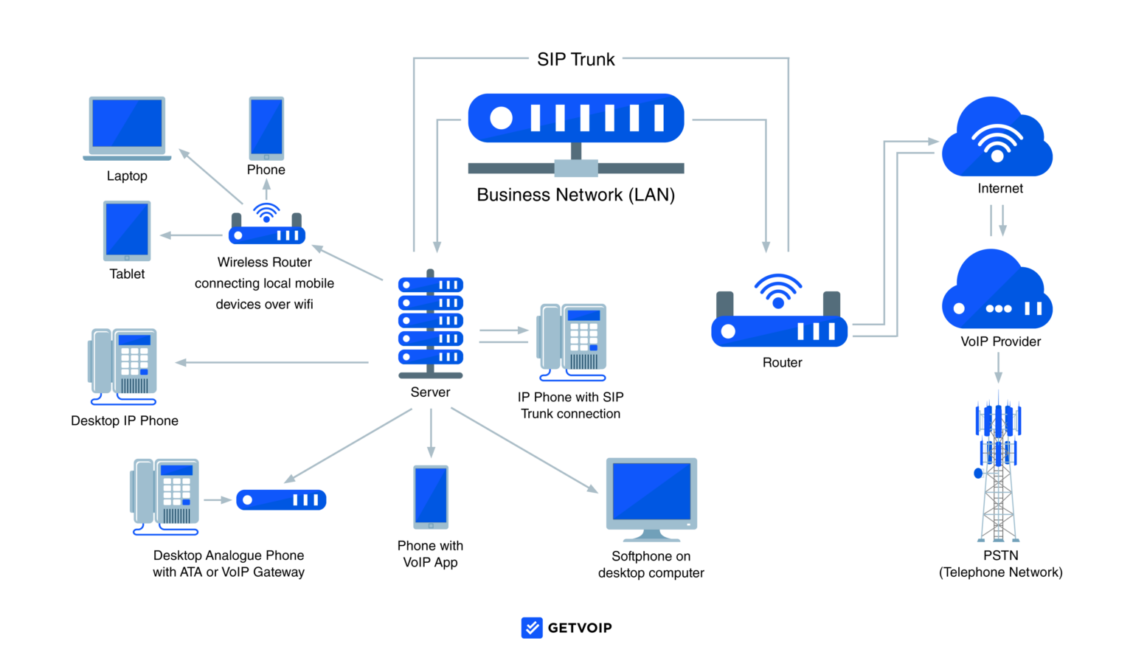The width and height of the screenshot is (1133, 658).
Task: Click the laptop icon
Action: [x=127, y=127]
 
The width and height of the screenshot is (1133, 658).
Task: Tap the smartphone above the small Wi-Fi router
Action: [x=266, y=128]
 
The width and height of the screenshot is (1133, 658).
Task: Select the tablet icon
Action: [x=127, y=230]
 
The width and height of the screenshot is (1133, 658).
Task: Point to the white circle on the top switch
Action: [x=501, y=118]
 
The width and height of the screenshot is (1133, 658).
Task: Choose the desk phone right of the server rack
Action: [x=574, y=340]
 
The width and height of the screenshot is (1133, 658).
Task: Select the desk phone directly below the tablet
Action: [x=124, y=365]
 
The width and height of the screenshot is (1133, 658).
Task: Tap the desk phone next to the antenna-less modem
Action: [x=166, y=495]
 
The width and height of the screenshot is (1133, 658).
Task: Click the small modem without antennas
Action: [x=281, y=499]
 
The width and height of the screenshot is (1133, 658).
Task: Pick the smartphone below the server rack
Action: [x=431, y=496]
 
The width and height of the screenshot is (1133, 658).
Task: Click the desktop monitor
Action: [x=651, y=496]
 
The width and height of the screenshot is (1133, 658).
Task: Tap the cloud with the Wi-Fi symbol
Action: [x=997, y=140]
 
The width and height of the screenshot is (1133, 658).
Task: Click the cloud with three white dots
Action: [x=997, y=295]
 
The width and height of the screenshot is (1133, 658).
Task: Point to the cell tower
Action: [x=998, y=472]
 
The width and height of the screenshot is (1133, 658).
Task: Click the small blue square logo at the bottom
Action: [x=532, y=628]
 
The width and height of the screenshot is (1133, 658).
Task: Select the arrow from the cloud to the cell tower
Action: [x=998, y=367]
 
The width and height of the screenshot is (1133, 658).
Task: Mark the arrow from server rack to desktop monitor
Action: [x=524, y=450]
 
